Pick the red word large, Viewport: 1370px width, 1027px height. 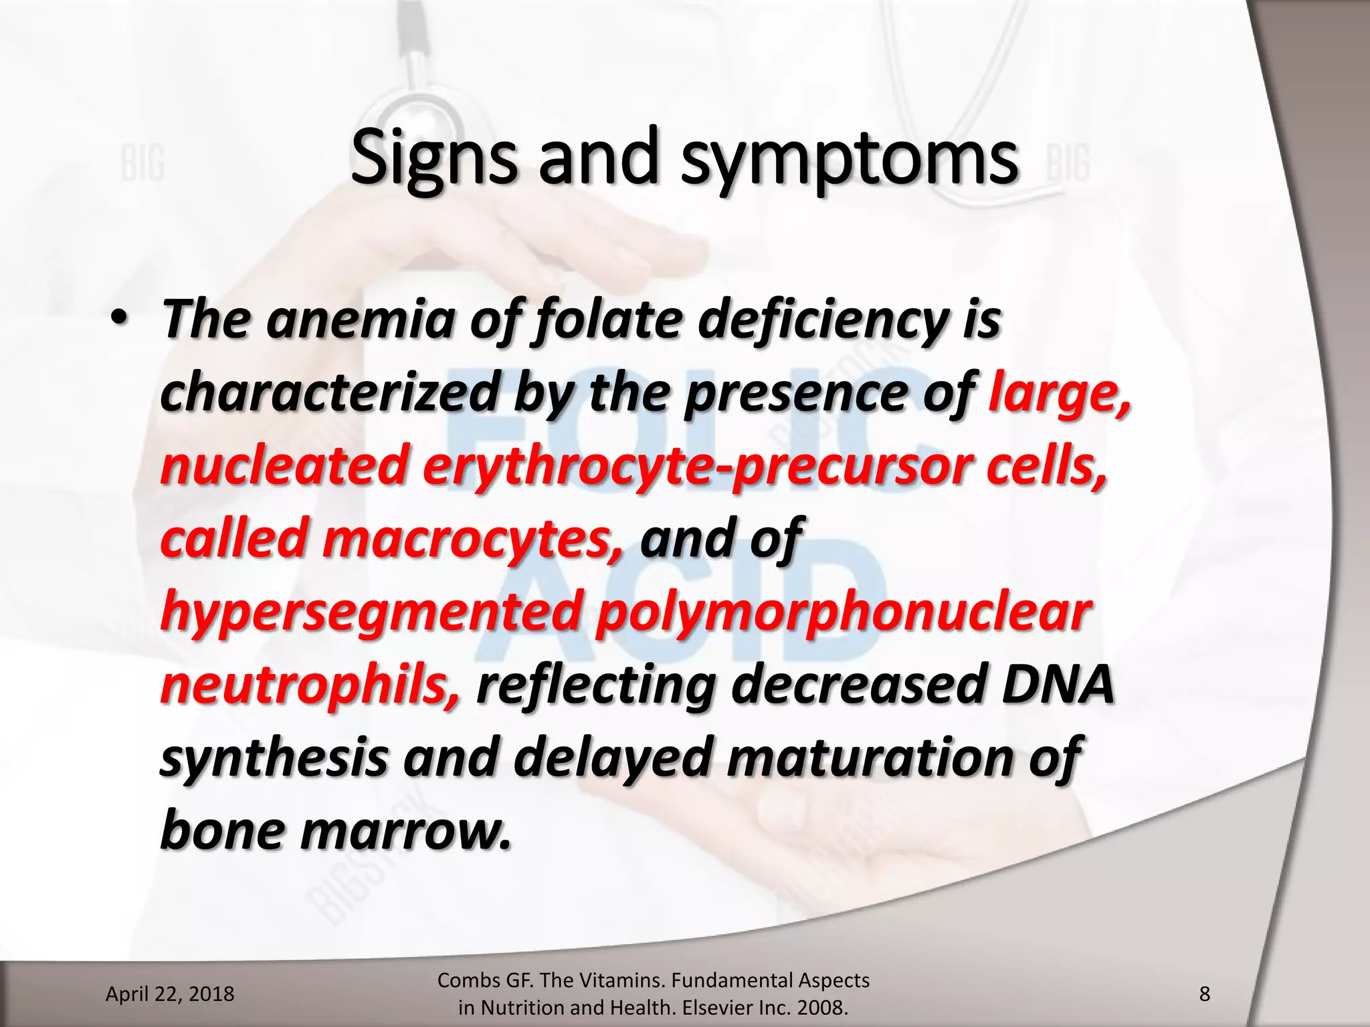point(1060,394)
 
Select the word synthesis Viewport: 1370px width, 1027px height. point(274,758)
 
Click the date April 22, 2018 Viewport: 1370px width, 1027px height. point(170,994)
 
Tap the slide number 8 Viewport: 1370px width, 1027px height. point(1204,994)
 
